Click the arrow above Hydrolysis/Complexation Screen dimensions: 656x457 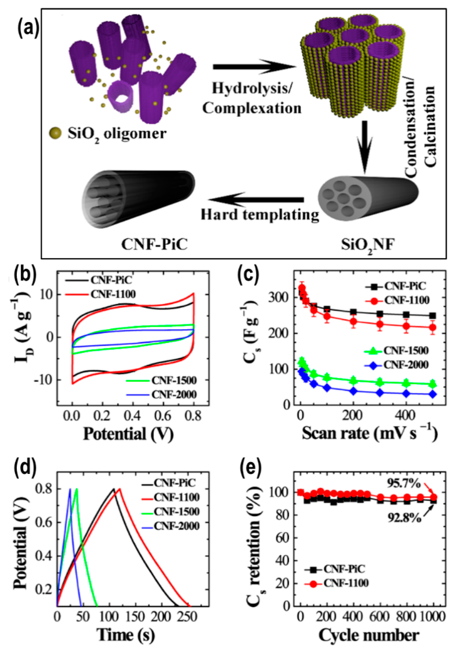254,67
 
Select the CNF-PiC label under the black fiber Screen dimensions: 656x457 155,245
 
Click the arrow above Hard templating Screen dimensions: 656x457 256,199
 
